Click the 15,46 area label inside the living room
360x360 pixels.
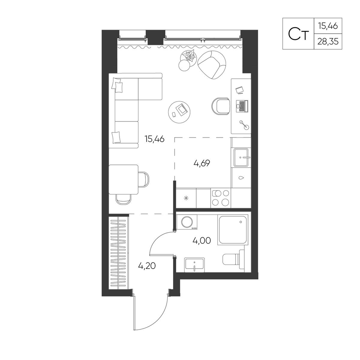(154, 139)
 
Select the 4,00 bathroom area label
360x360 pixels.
(202, 241)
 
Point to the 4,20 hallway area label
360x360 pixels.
(147, 266)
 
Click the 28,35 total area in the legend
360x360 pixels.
(328, 41)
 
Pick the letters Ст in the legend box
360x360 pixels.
(298, 34)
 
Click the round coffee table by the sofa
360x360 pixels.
(179, 112)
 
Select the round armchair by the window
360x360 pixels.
(212, 65)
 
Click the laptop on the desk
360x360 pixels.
(242, 106)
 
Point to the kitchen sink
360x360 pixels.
(241, 157)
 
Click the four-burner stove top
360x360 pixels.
(221, 197)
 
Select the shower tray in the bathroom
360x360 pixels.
(233, 229)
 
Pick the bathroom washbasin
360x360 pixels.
(194, 265)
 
